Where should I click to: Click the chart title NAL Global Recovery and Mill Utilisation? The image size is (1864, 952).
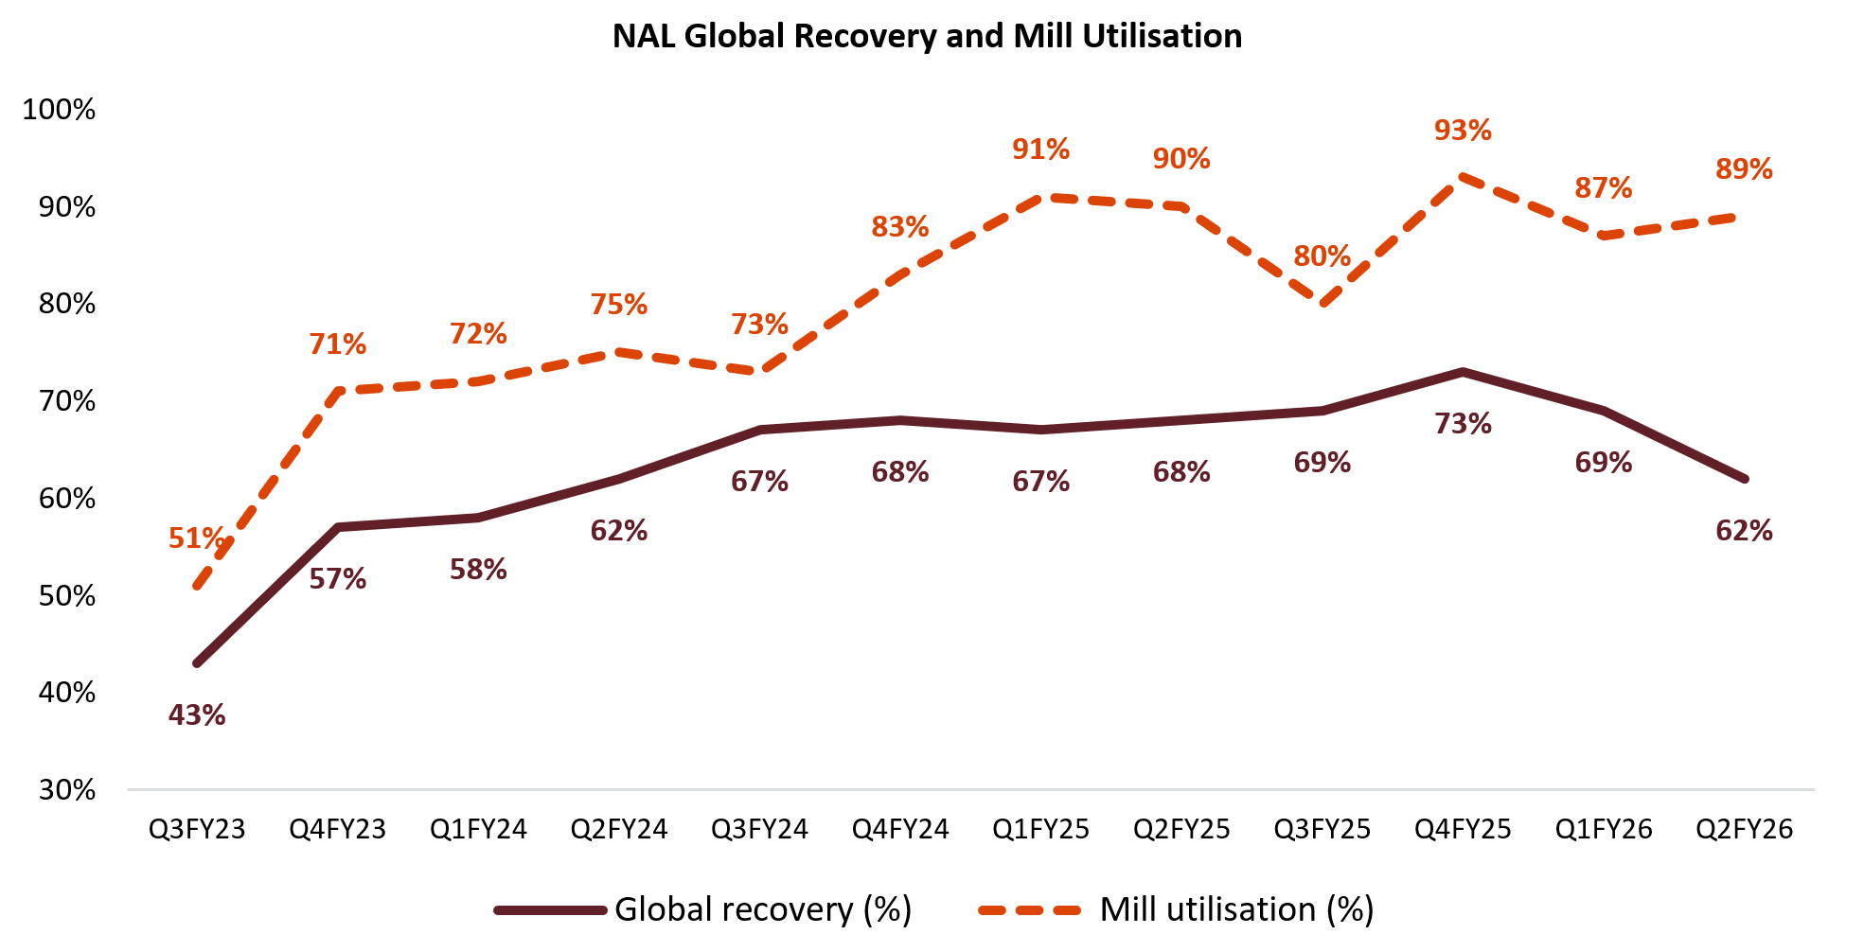point(927,36)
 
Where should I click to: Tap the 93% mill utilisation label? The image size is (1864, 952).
point(1462,130)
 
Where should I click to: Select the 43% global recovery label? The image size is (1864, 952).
point(197,714)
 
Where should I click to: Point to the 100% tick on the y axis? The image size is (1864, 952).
point(59,110)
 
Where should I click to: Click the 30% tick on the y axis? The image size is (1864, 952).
point(66,789)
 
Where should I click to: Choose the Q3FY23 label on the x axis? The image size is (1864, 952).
point(197,830)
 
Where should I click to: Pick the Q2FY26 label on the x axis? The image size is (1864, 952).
point(1744,830)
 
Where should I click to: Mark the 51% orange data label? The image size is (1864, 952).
point(196,538)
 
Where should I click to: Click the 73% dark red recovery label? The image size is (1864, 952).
point(1462,423)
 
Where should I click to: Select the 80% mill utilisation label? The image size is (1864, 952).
point(1322,256)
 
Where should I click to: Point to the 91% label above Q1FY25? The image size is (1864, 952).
point(1040,150)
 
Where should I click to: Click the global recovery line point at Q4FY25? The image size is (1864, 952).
point(1463,372)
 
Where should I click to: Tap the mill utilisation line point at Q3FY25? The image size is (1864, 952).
point(1322,304)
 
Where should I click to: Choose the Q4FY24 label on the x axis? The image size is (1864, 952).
point(899,830)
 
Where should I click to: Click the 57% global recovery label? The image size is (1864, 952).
point(337,578)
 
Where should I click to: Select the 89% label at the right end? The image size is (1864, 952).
point(1744,169)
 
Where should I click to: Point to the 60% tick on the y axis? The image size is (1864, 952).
point(66,499)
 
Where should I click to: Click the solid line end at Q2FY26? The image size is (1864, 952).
point(1744,479)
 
